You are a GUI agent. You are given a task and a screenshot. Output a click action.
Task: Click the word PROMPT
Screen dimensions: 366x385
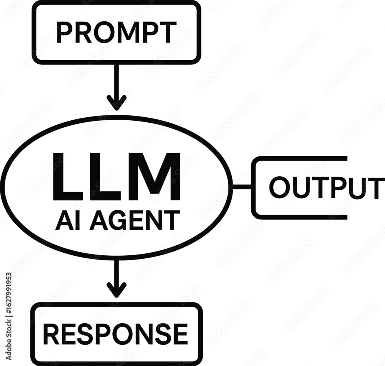pyautogui.click(x=116, y=32)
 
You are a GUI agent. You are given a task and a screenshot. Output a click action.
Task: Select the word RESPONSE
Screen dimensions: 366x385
pyautogui.click(x=115, y=334)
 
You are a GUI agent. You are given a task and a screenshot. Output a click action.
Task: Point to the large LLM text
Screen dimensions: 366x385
pyautogui.click(x=116, y=177)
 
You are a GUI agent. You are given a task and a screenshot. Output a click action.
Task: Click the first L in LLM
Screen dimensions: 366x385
pyautogui.click(x=65, y=177)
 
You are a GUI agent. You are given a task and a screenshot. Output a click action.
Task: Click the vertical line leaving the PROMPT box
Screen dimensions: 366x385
pyautogui.click(x=117, y=81)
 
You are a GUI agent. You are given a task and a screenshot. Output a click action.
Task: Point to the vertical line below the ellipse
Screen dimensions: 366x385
pyautogui.click(x=117, y=272)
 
